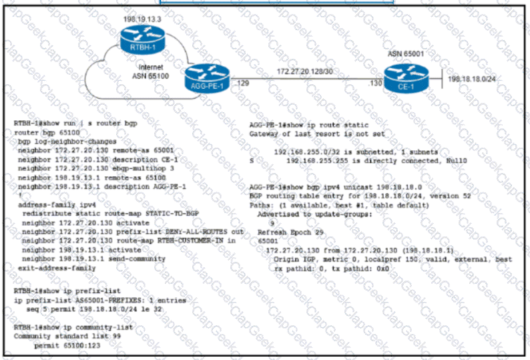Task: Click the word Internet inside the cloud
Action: coord(150,68)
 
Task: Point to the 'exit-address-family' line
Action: coord(56,267)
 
